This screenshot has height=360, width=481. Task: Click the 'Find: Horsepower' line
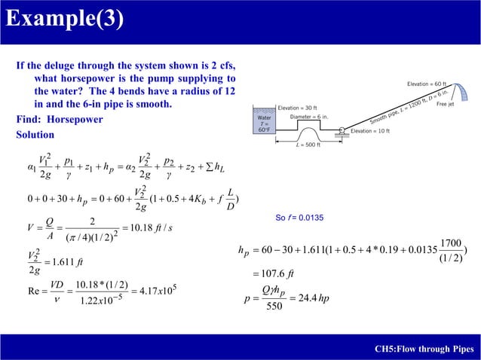[x=60, y=120]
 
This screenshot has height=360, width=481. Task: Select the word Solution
[x=35, y=135]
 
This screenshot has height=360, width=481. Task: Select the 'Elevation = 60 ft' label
[x=427, y=84]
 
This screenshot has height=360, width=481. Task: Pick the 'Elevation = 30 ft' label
[x=298, y=108]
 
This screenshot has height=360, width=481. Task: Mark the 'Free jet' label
[x=445, y=105]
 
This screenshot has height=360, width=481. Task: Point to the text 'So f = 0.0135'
[x=299, y=218]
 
